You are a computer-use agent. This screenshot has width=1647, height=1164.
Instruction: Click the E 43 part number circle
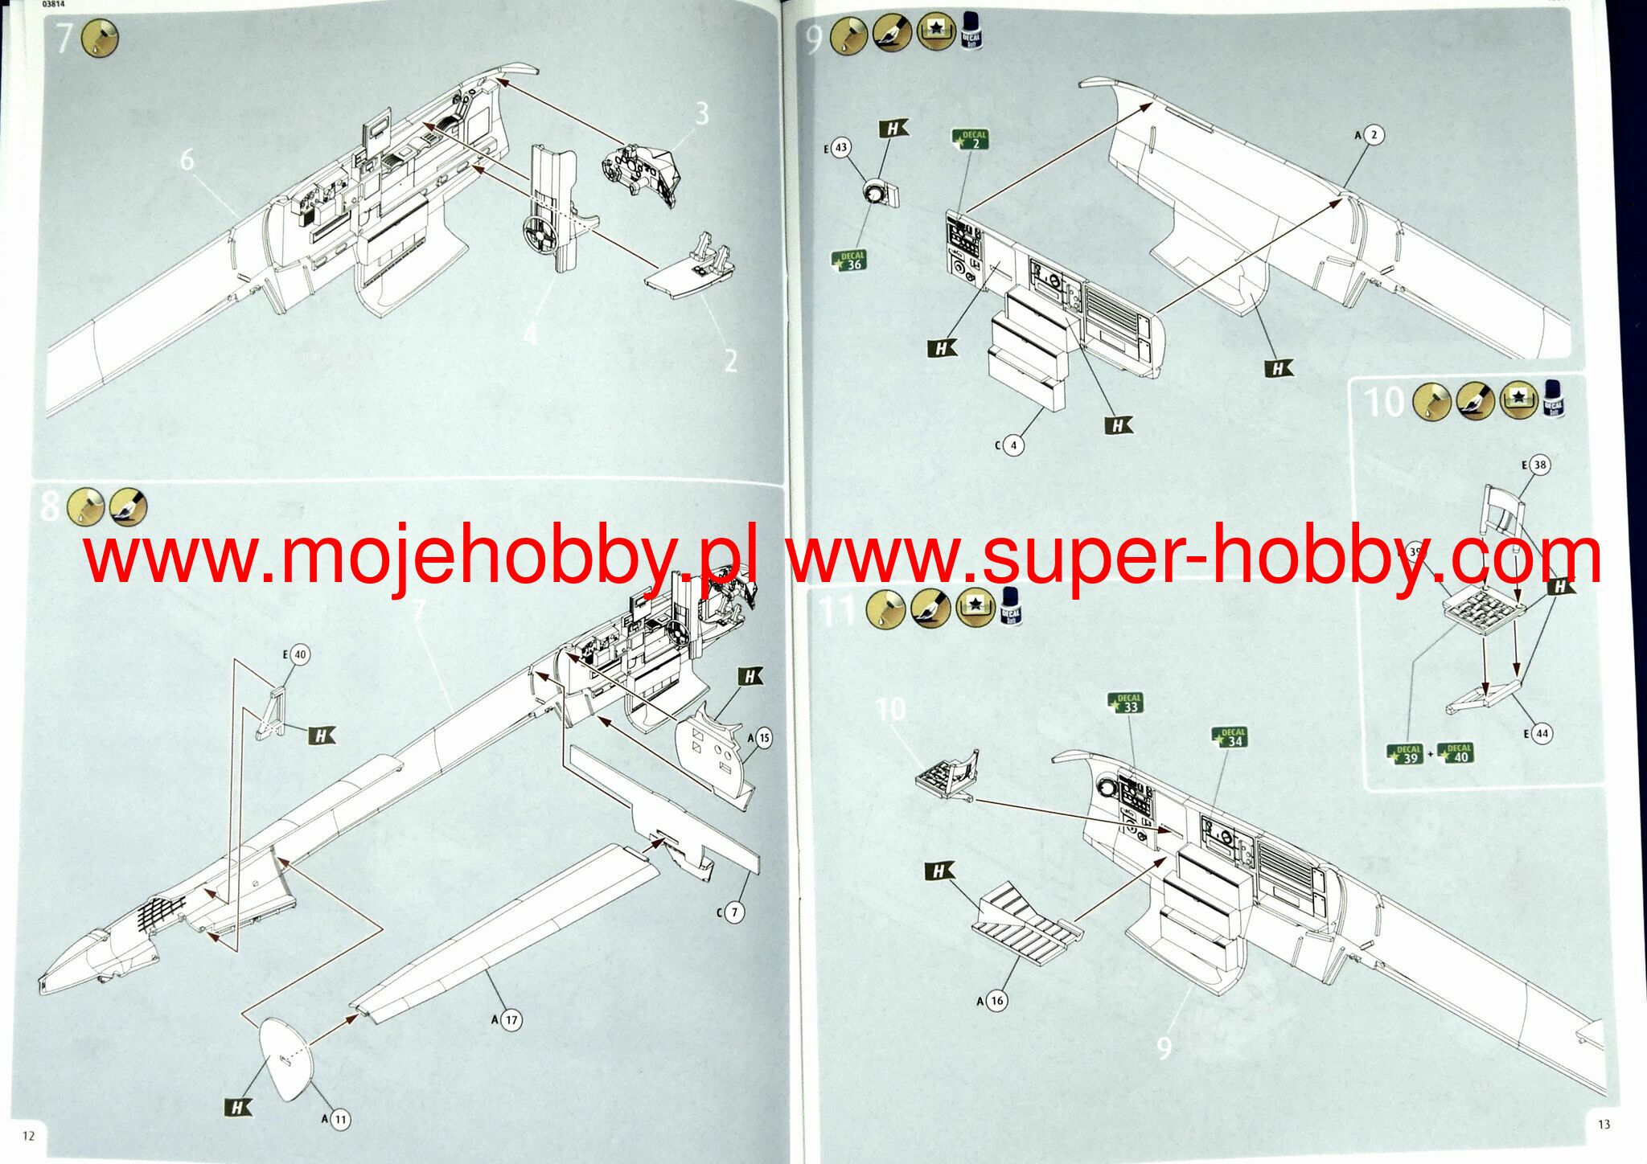pos(841,148)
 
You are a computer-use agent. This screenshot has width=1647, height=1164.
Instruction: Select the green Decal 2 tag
pos(971,140)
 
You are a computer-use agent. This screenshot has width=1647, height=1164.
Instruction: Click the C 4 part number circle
pos(1013,445)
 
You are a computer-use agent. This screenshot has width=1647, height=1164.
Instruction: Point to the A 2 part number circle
pos(1374,135)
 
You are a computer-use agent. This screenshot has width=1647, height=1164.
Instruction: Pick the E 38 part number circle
pos(1539,465)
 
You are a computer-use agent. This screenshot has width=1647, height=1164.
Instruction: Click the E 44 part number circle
pos(1541,733)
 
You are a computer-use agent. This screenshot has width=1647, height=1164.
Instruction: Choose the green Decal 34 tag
pos(1231,738)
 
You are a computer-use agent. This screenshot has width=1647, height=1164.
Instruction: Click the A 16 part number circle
pos(997,1001)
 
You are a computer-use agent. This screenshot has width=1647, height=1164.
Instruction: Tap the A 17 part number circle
pos(511,1020)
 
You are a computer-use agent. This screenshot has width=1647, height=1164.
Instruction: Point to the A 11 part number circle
pos(340,1119)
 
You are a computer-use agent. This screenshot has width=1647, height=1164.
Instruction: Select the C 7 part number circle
pos(733,912)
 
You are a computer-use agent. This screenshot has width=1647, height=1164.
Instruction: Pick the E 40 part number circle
pos(299,655)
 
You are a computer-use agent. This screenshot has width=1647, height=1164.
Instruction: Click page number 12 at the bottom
pos(29,1136)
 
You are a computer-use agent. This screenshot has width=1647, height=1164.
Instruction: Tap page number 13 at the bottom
pos(1604,1125)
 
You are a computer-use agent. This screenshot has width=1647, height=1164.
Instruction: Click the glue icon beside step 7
pos(100,38)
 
